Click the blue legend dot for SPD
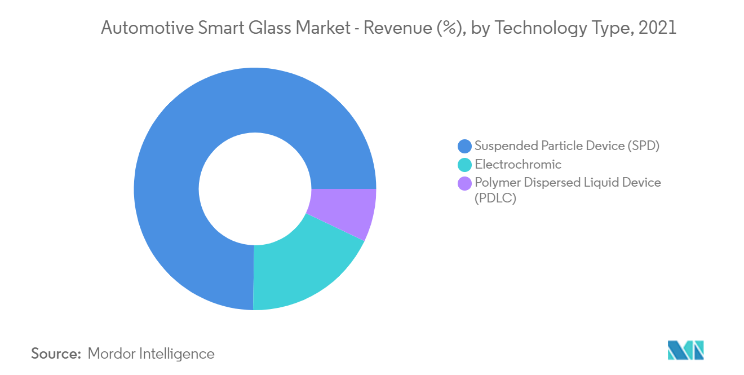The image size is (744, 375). click(x=464, y=146)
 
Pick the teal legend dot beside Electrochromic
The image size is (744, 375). click(x=464, y=165)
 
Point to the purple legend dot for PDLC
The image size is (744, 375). click(x=464, y=183)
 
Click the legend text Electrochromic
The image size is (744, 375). click(x=518, y=165)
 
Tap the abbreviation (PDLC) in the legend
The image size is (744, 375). click(x=495, y=198)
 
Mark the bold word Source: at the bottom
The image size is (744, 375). click(x=56, y=354)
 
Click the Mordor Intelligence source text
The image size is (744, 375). click(x=151, y=354)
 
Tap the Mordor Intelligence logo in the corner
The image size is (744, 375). click(x=685, y=350)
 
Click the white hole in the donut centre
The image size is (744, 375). click(x=255, y=189)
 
